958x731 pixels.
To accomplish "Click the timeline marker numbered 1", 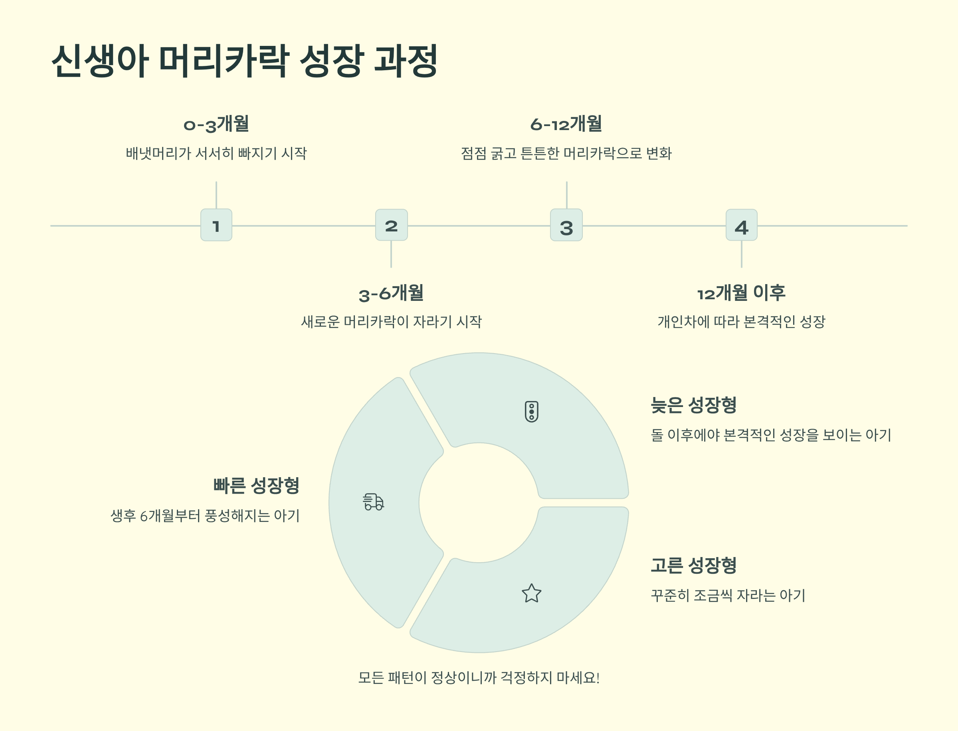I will coord(216,225).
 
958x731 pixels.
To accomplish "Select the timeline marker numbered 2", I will coord(391,225).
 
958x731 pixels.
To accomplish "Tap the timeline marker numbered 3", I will coord(566,225).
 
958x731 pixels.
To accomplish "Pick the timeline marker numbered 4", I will coord(741,225).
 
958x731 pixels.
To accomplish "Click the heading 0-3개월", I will coord(216,124).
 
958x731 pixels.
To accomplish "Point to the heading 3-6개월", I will coord(391,293).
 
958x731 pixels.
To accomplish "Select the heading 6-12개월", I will coord(566,124).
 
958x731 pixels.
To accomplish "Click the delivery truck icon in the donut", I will coord(374,502).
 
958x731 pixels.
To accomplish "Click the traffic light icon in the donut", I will coord(531,412).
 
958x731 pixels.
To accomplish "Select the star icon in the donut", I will coord(531,593).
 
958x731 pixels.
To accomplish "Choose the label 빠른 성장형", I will coord(256,486).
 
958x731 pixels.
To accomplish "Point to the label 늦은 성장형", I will coord(693,405).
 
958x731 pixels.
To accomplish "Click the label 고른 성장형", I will coord(693,565).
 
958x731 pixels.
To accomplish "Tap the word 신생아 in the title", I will coord(100,61).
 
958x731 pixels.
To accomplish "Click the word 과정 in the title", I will coord(406,61).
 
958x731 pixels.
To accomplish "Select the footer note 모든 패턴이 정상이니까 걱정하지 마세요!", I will coord(479,678).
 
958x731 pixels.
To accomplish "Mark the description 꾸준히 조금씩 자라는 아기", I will coord(728,595).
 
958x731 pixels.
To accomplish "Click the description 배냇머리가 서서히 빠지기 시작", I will coord(216,153).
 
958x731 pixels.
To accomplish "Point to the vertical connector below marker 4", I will coord(741,254).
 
